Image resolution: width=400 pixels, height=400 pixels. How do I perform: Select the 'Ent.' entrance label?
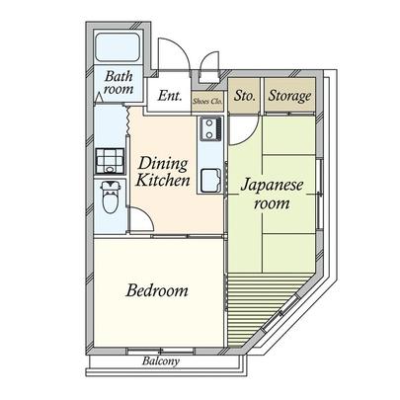pyautogui.click(x=168, y=96)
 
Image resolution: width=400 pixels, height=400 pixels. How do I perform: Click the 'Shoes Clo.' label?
pyautogui.click(x=206, y=100)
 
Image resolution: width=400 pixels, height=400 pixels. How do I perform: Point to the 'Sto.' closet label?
pyautogui.click(x=245, y=96)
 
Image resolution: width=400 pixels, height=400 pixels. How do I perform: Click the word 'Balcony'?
pyautogui.click(x=158, y=361)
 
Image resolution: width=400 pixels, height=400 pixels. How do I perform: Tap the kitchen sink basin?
pyautogui.click(x=210, y=181)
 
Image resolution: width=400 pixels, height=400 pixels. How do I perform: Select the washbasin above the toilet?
pyautogui.click(x=108, y=160)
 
